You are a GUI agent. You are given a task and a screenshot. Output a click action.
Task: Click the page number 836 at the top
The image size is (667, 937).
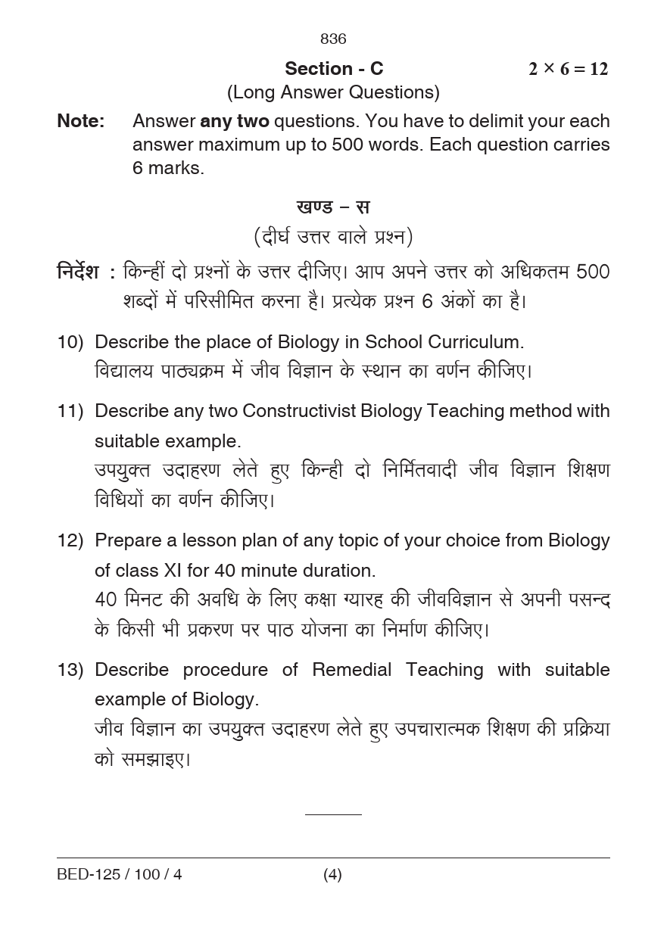click(333, 39)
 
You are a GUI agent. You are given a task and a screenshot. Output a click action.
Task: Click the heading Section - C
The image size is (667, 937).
click(334, 69)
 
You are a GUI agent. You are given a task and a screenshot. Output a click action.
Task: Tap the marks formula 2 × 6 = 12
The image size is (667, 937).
click(568, 69)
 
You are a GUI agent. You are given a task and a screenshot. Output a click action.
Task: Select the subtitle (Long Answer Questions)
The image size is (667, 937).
click(333, 92)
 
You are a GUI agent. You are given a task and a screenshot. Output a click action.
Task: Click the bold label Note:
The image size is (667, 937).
click(81, 121)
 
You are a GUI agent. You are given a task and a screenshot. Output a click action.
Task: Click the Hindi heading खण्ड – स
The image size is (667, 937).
click(333, 207)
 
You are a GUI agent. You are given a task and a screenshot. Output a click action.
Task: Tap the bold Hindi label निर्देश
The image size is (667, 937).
click(78, 272)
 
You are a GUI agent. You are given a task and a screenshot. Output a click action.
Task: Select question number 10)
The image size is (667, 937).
click(70, 342)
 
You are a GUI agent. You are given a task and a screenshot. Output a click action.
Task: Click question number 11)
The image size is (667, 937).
click(70, 411)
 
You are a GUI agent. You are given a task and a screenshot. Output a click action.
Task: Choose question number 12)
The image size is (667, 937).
click(70, 540)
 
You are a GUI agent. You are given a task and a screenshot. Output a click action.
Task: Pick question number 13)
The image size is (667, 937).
click(70, 670)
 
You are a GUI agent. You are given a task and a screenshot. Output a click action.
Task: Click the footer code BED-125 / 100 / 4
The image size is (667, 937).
click(120, 875)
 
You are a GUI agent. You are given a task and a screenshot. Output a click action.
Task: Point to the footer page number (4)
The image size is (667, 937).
click(332, 875)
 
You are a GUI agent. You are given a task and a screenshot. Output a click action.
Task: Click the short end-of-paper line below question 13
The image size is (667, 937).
click(333, 814)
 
